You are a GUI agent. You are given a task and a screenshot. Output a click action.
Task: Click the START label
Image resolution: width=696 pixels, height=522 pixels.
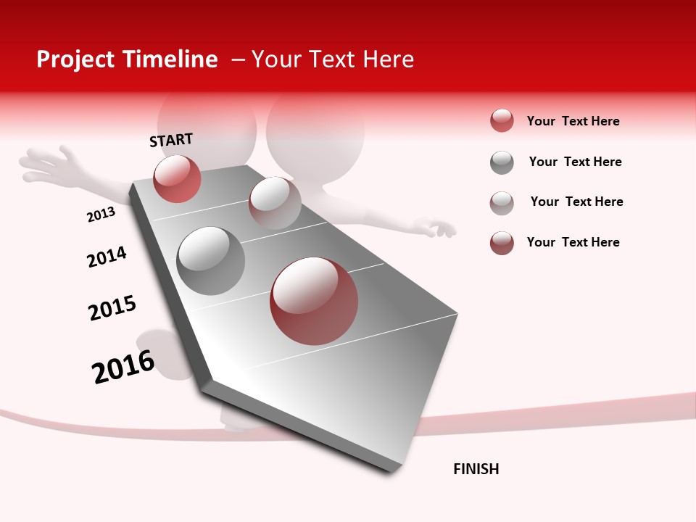[x=171, y=140]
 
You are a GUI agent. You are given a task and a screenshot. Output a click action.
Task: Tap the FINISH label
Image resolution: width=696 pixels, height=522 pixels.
[x=476, y=469]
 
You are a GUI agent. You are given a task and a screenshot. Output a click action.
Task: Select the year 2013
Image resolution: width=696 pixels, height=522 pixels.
[x=101, y=215]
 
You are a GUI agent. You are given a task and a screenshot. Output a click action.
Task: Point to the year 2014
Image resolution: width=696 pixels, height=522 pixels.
[x=107, y=257]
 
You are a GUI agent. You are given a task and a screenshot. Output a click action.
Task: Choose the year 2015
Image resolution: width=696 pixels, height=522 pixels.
[x=112, y=308]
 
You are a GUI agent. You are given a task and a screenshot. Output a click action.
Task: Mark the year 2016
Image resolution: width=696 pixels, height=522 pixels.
[x=123, y=366]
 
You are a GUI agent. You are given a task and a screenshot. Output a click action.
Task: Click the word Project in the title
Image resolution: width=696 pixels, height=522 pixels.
[x=75, y=59]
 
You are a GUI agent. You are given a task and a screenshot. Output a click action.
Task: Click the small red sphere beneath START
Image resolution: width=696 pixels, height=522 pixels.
[x=177, y=178]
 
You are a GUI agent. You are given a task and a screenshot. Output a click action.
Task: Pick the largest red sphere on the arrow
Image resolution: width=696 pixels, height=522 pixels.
[x=314, y=301]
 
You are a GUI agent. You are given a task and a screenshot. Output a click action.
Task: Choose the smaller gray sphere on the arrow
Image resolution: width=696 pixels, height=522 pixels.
[x=275, y=202]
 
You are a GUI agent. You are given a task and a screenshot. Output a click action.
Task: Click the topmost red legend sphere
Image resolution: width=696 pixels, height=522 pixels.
[x=502, y=120]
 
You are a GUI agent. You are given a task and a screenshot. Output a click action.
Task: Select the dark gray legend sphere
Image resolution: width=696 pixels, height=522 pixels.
[x=502, y=162]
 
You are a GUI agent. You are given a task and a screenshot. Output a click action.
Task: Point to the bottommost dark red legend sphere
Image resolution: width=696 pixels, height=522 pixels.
[x=502, y=243]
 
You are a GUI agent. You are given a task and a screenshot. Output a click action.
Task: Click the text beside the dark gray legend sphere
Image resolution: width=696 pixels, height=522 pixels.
[x=575, y=162]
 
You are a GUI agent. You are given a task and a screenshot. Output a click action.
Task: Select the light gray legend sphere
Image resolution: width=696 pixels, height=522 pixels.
[x=502, y=203]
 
